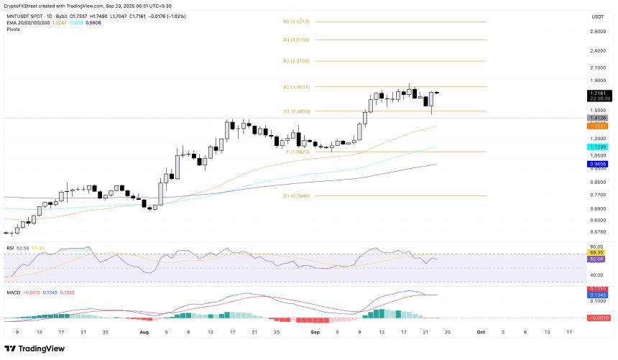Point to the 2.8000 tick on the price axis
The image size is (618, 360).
597,32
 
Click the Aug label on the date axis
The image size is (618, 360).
144,332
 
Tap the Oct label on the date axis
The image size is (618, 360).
481,332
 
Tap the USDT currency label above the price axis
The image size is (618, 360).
597,16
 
